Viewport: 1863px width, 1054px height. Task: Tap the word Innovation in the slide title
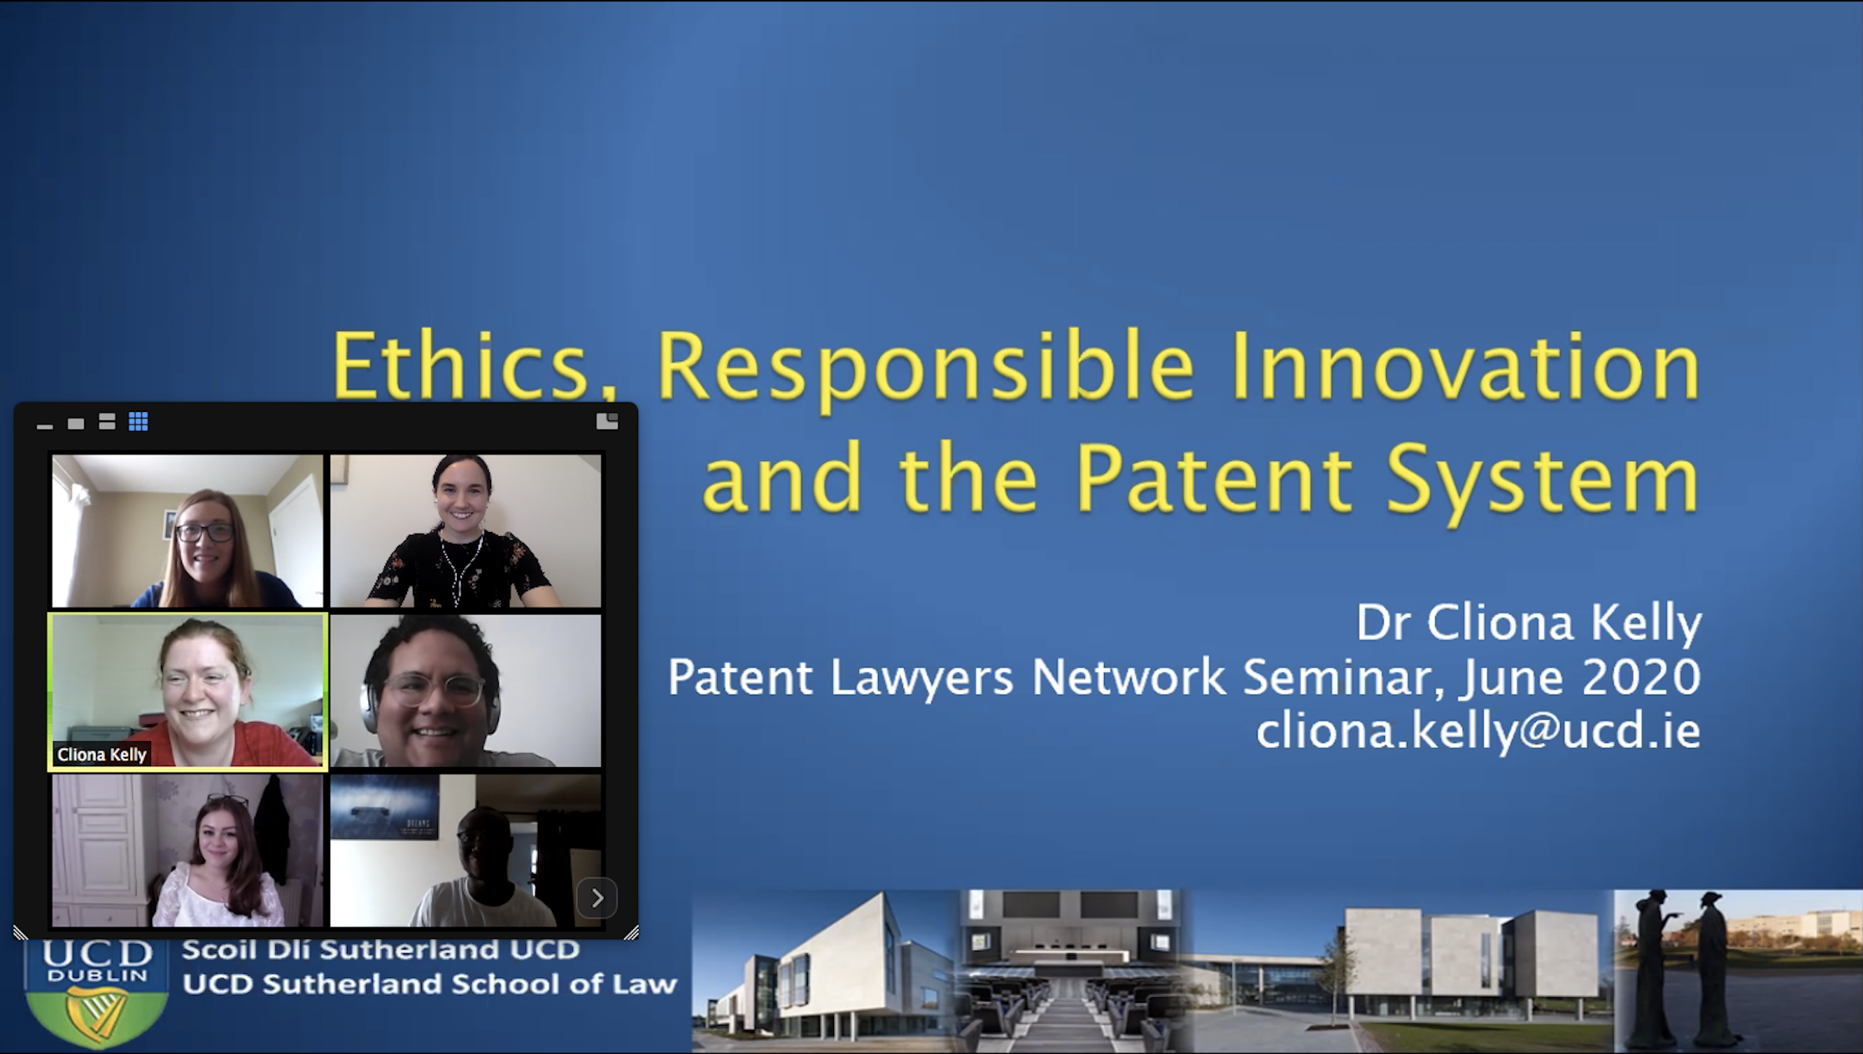(1464, 367)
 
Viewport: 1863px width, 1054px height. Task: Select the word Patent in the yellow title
(1213, 478)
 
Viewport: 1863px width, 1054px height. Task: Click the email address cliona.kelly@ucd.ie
(1478, 730)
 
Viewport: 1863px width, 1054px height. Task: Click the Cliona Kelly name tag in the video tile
(102, 755)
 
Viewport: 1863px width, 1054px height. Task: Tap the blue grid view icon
(138, 422)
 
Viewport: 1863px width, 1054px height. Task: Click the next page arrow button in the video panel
(597, 898)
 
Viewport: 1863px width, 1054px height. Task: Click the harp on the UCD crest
(97, 1014)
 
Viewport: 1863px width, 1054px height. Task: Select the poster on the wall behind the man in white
(384, 808)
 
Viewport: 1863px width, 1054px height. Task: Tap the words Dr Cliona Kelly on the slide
(1528, 622)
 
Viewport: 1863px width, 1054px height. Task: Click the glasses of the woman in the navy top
(205, 532)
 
